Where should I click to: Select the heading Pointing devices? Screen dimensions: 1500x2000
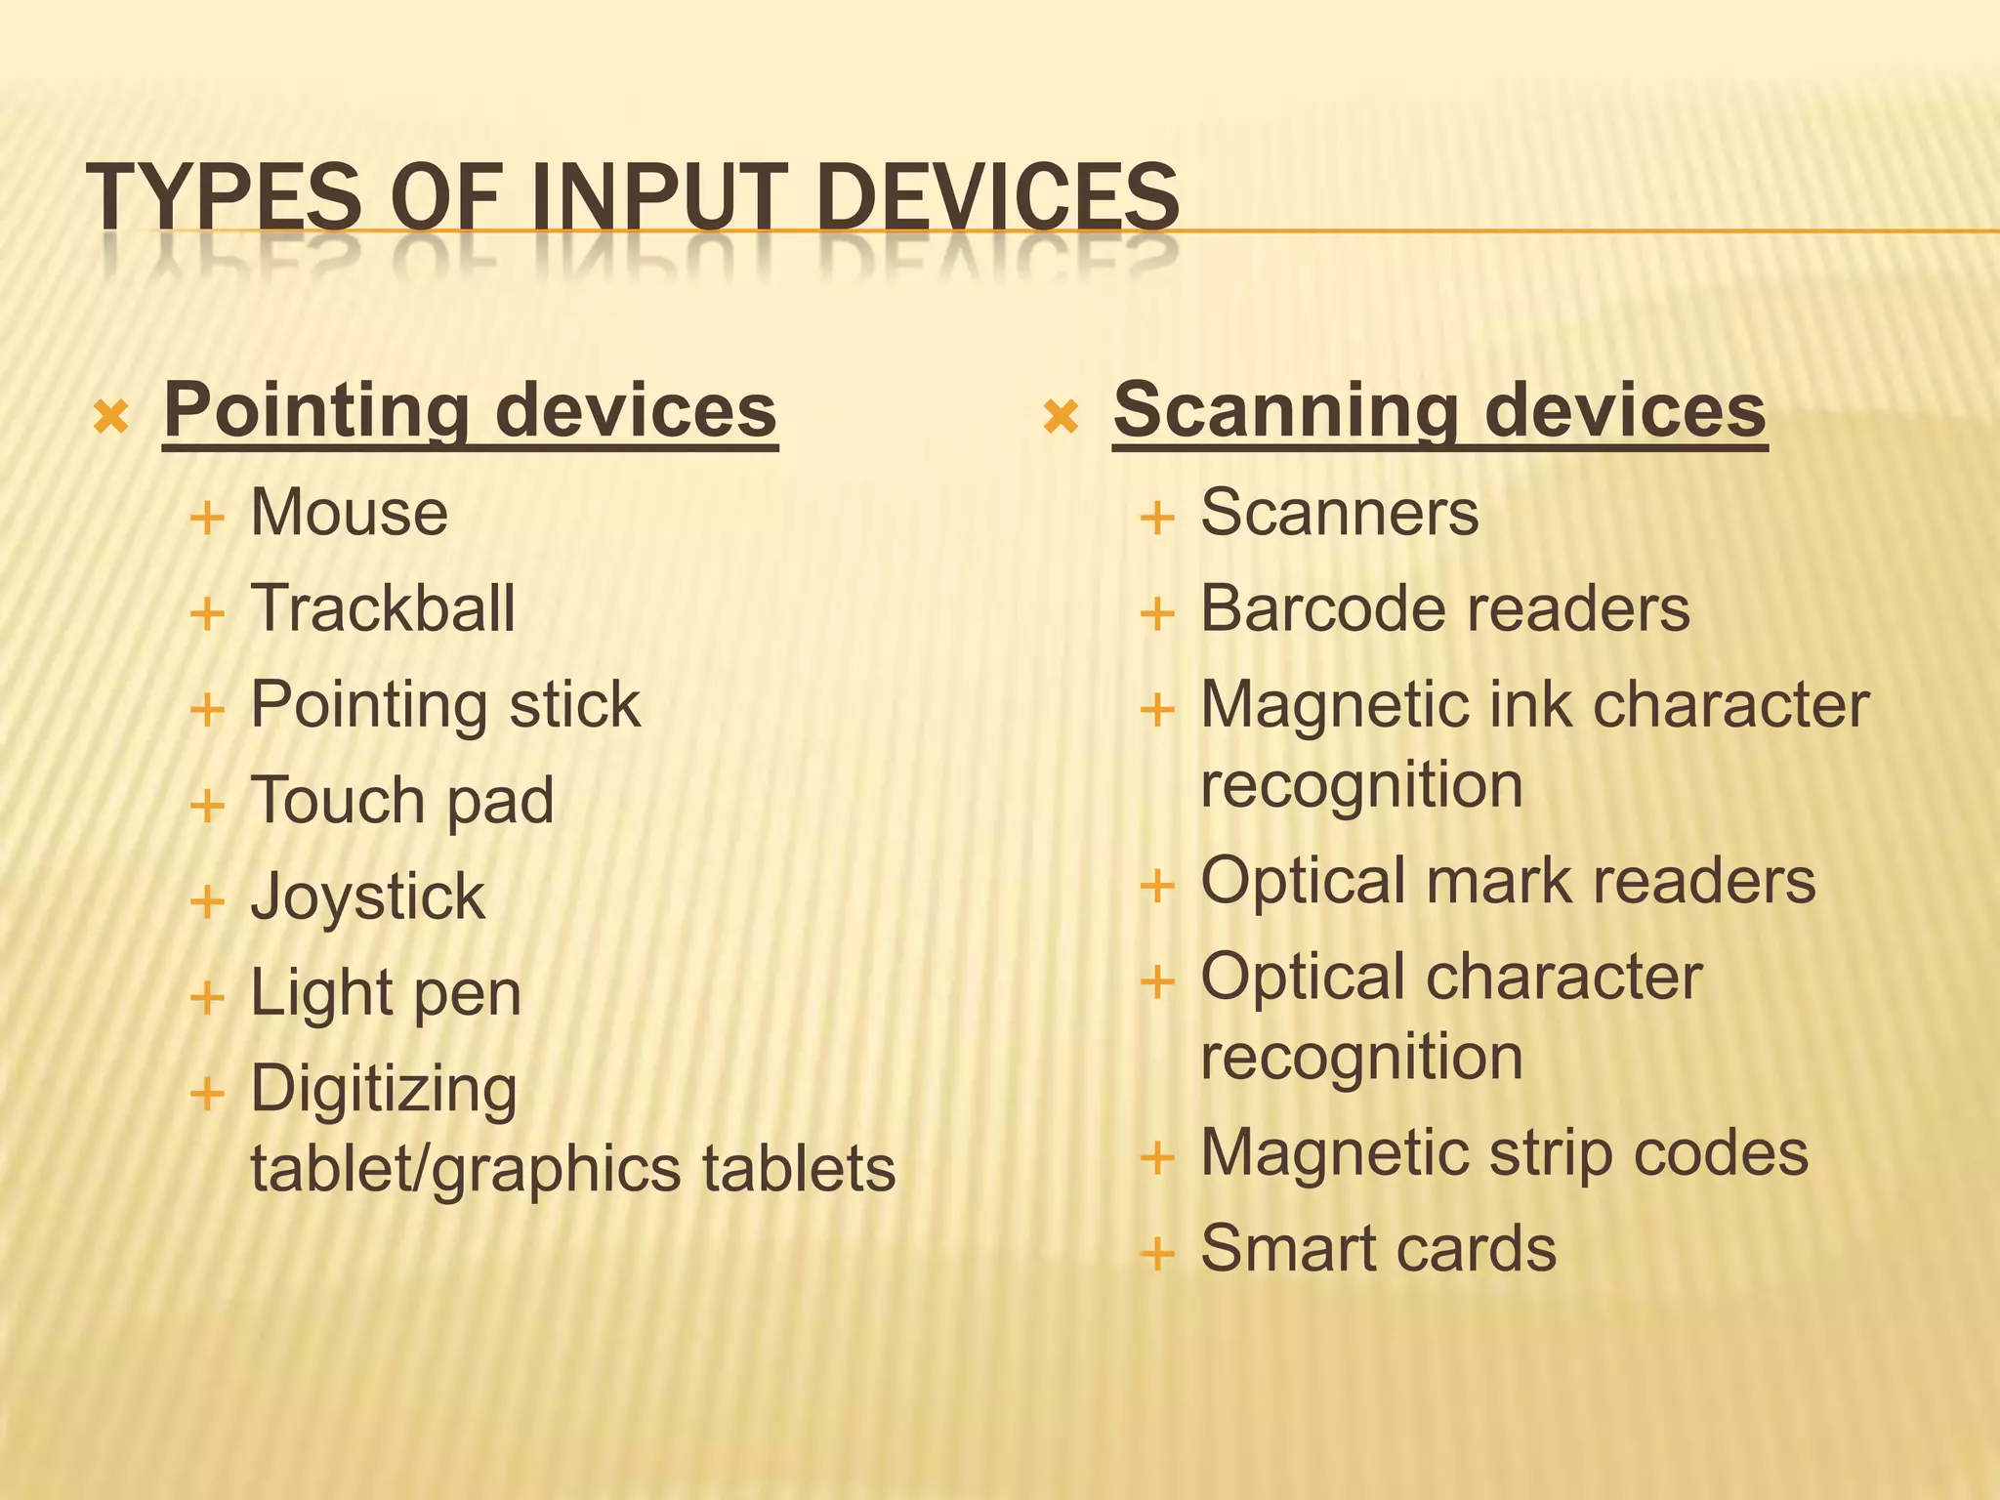[x=470, y=410]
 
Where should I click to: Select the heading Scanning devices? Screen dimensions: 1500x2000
[x=1439, y=410]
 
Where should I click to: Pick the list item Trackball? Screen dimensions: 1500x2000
[x=383, y=608]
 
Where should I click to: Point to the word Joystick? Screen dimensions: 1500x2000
[x=367, y=896]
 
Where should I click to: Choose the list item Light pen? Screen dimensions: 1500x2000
[x=386, y=993]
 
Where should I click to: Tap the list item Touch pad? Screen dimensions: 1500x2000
[x=402, y=801]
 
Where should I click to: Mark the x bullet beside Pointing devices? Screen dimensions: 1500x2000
[x=111, y=418]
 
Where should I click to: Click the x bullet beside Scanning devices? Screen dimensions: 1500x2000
[x=1061, y=418]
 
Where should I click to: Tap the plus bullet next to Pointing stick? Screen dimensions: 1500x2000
[x=207, y=710]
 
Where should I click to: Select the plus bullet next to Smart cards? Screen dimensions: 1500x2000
[x=1157, y=1253]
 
